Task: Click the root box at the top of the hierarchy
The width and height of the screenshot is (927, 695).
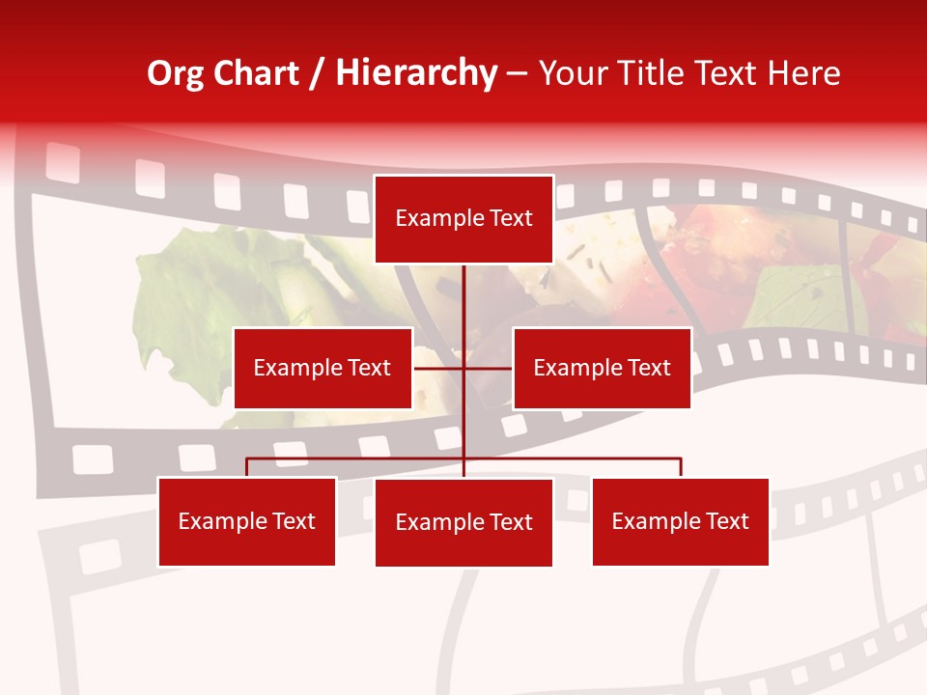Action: (x=463, y=219)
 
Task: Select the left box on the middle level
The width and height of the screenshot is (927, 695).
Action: (x=323, y=368)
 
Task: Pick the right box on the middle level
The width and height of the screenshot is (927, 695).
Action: (x=602, y=368)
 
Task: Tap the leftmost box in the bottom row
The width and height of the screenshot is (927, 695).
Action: (x=246, y=521)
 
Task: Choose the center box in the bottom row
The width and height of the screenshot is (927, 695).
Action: (x=463, y=522)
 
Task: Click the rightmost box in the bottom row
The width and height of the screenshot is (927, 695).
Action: (x=680, y=521)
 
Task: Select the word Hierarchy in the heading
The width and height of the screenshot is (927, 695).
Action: (x=415, y=73)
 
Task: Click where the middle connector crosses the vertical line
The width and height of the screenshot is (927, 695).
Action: (x=463, y=368)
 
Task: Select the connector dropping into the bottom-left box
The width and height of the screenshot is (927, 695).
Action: (x=246, y=467)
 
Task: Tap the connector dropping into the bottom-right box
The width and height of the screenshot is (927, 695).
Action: (x=681, y=467)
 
